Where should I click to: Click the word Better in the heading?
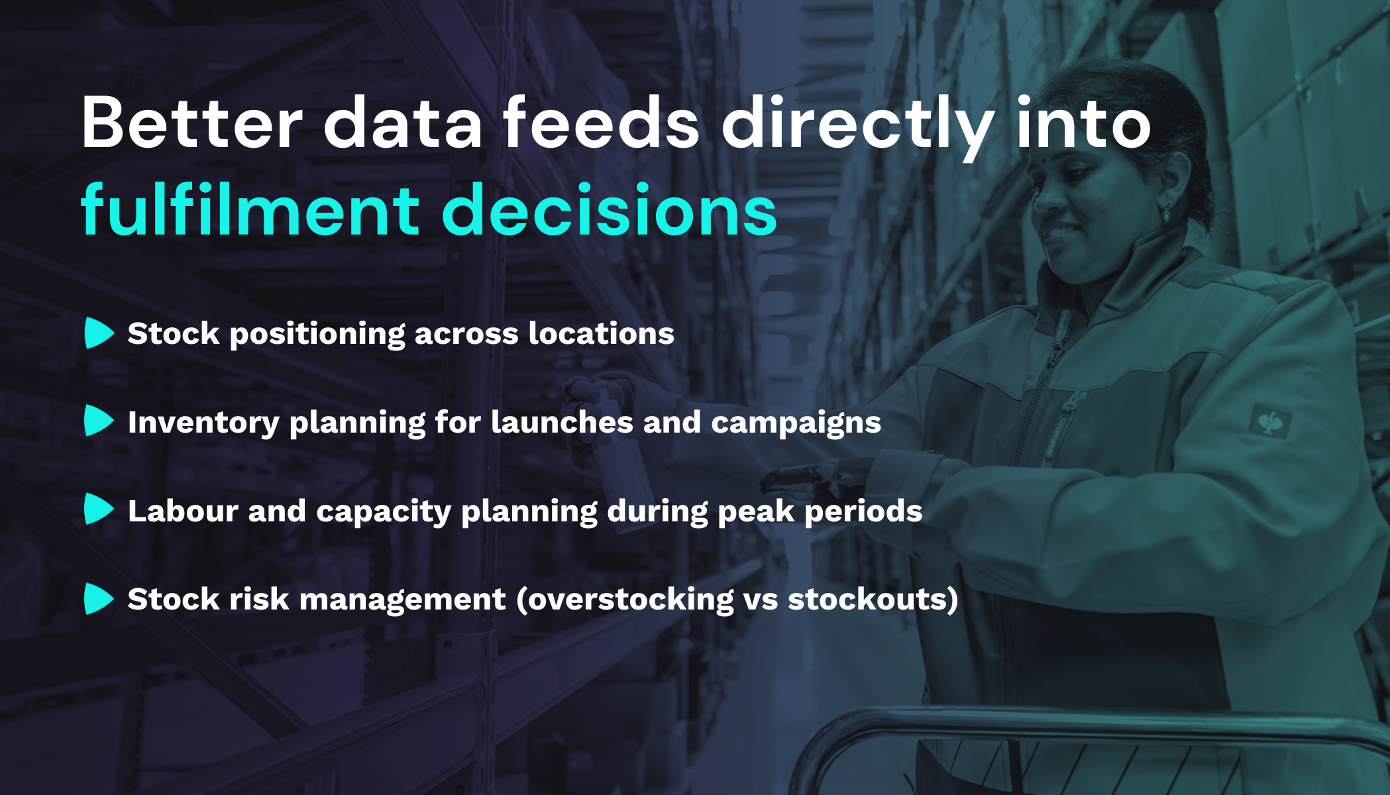(x=192, y=124)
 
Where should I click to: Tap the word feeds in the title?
(x=601, y=124)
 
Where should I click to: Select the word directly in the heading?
(x=858, y=124)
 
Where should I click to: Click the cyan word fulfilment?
(x=250, y=211)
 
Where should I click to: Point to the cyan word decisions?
(x=609, y=211)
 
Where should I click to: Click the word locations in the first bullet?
(x=601, y=333)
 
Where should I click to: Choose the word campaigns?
(x=796, y=423)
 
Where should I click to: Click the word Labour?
(x=183, y=511)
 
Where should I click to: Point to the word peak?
(x=756, y=511)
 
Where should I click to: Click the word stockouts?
(x=868, y=600)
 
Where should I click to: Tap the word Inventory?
(x=203, y=423)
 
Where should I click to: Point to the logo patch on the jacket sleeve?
(x=1269, y=421)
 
